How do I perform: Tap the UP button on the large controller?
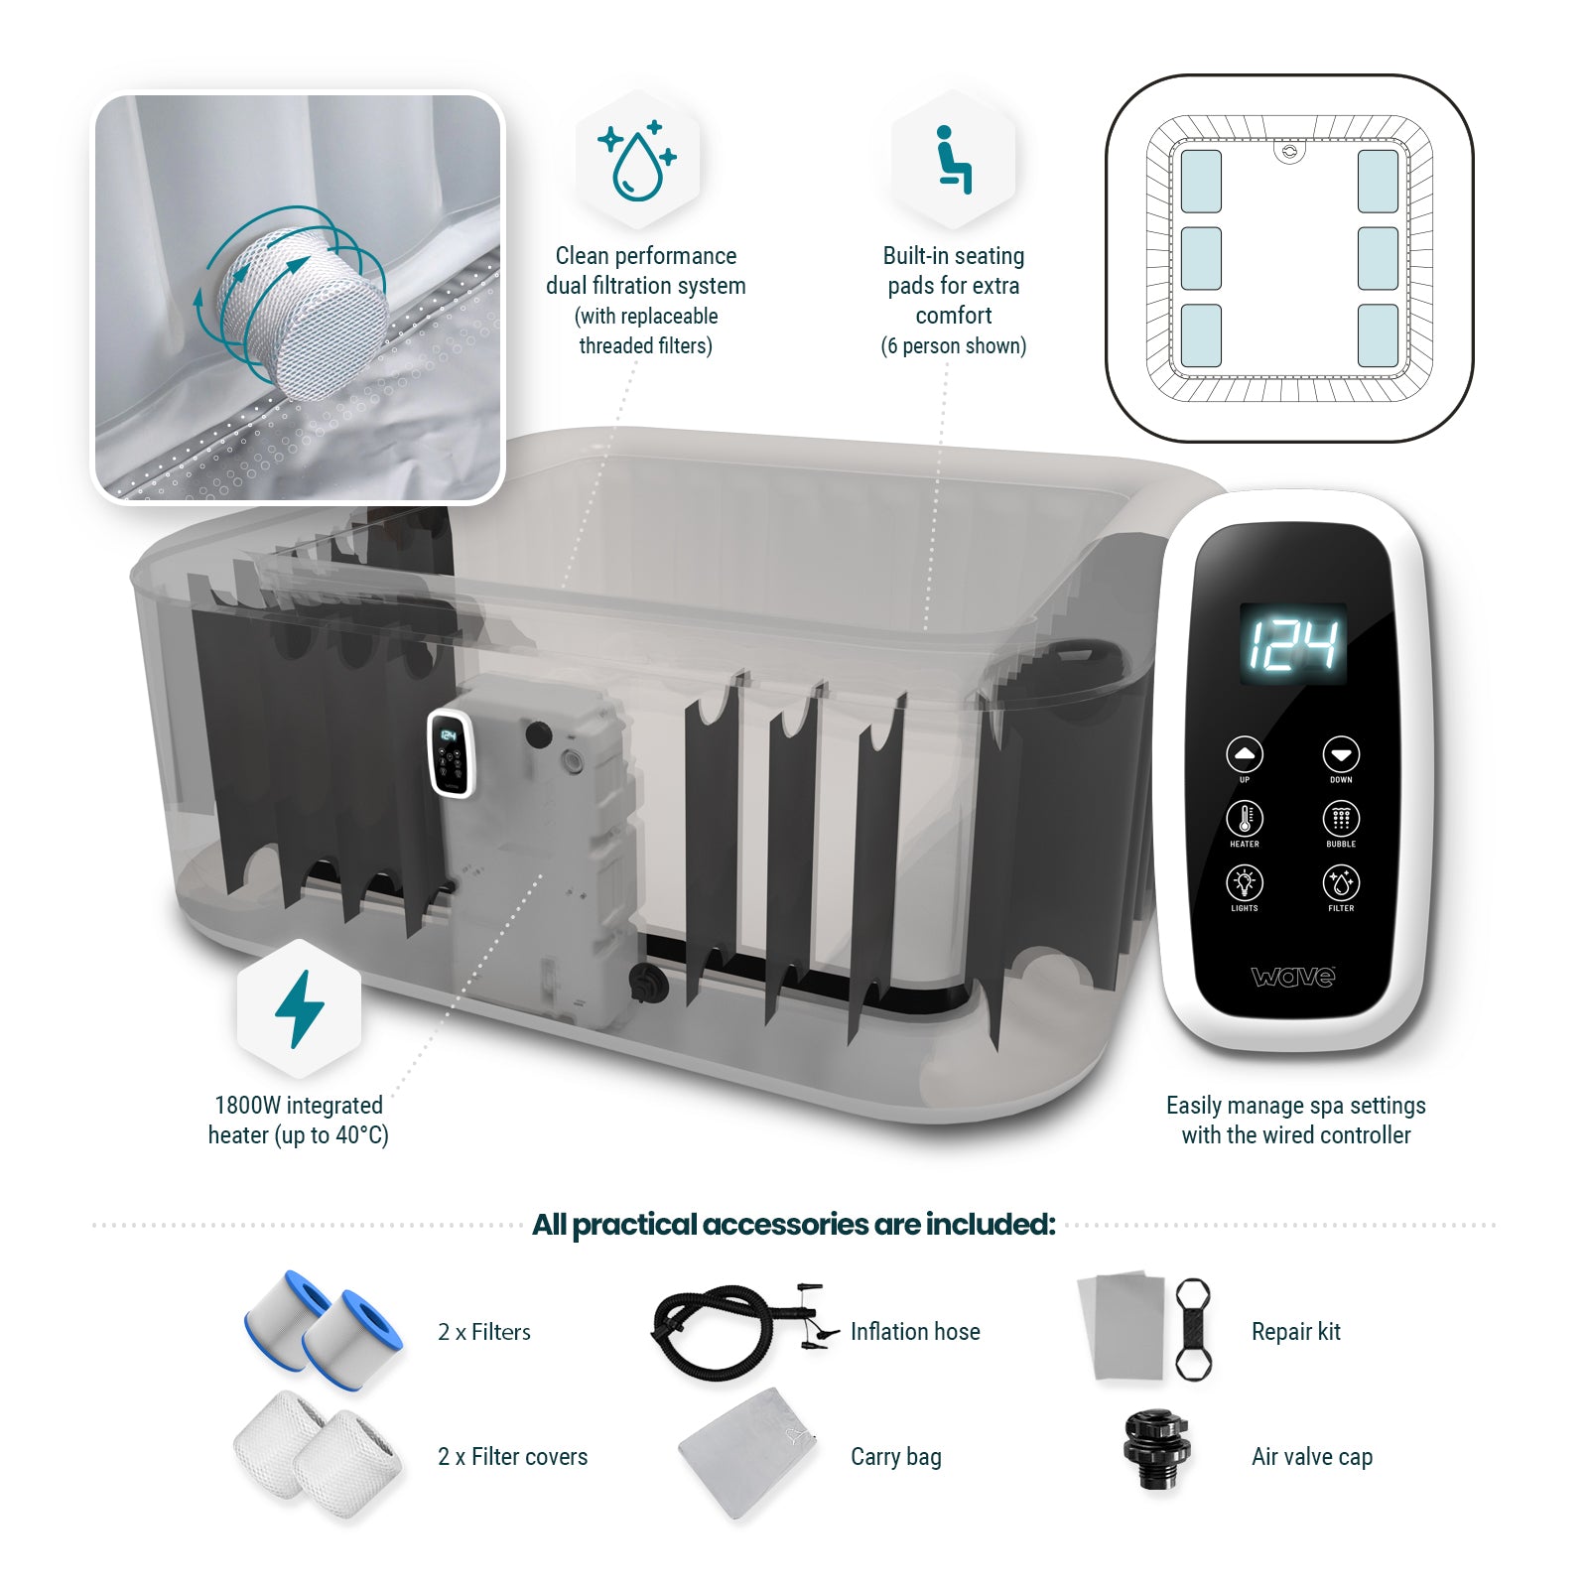coord(1244,754)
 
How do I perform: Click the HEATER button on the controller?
coord(1244,819)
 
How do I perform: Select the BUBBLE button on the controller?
coord(1341,819)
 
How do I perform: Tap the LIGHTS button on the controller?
coord(1244,882)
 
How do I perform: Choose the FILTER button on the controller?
coord(1341,882)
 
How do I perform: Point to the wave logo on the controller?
coord(1293,977)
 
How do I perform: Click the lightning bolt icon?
coord(299,1009)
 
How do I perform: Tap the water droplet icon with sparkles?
coord(637,161)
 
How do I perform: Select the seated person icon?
coord(953,160)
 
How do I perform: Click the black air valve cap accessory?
coord(1155,1451)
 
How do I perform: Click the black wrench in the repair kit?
coord(1193,1330)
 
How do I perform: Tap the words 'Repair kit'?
coord(1295,1332)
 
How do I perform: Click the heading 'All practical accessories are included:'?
coord(793,1225)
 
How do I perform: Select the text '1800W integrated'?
coord(299,1106)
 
